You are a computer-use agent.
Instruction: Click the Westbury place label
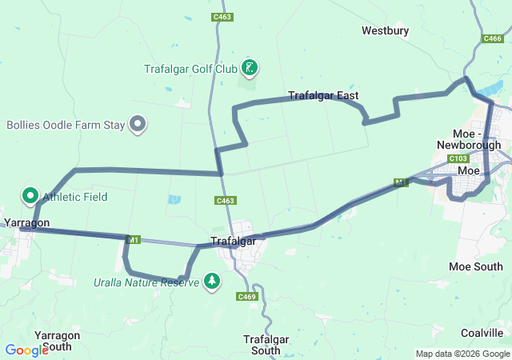point(385,31)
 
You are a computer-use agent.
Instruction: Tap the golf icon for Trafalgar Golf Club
point(250,68)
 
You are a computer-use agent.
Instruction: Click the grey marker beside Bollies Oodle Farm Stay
point(138,124)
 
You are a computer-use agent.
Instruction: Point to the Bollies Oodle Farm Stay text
point(66,125)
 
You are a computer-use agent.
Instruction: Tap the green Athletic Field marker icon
point(30,195)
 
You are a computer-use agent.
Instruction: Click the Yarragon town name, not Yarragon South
point(26,222)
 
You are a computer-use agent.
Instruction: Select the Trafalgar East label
point(322,96)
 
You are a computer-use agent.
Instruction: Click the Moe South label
point(476,266)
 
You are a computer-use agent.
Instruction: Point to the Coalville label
point(482,333)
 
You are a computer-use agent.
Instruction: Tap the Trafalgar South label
point(262,345)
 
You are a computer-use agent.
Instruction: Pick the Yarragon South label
point(58,341)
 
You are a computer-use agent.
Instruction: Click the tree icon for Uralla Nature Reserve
point(212,281)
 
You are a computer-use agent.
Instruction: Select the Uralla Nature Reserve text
point(146,283)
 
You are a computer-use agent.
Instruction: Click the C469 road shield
point(246,297)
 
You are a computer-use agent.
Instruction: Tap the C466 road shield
point(493,38)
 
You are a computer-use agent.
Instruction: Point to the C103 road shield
point(458,158)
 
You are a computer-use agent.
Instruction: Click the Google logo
point(26,350)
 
